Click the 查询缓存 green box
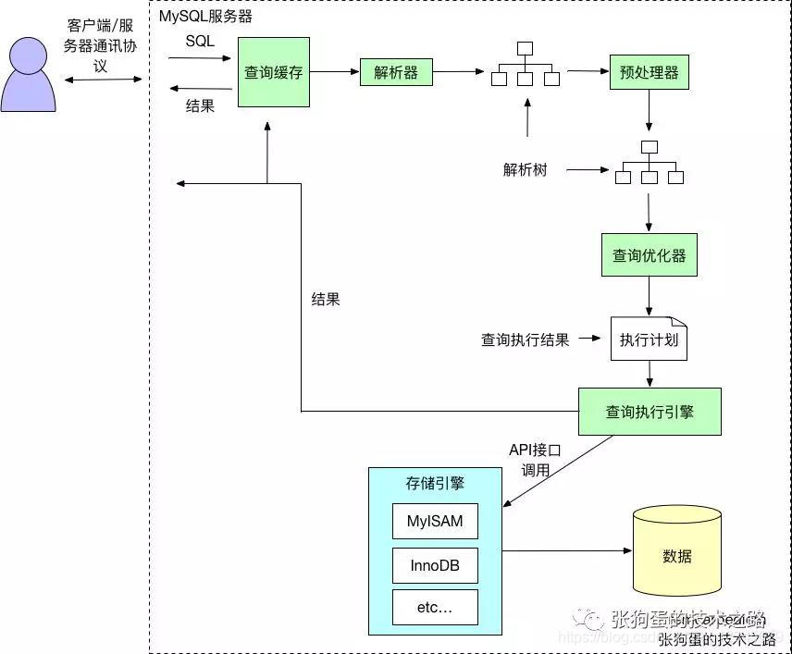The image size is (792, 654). pyautogui.click(x=273, y=72)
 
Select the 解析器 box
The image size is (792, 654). pyautogui.click(x=396, y=72)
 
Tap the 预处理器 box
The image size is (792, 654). pyautogui.click(x=649, y=72)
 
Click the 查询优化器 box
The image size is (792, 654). pyautogui.click(x=649, y=255)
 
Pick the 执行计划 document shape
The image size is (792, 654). pyautogui.click(x=649, y=339)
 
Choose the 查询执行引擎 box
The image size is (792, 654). pyautogui.click(x=649, y=412)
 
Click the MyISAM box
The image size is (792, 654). pyautogui.click(x=435, y=521)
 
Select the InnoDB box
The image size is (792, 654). pyautogui.click(x=435, y=564)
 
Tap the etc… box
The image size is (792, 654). pyautogui.click(x=435, y=607)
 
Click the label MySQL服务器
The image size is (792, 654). pyautogui.click(x=205, y=17)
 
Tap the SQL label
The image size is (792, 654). pyautogui.click(x=200, y=41)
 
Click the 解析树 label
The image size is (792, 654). pyautogui.click(x=525, y=170)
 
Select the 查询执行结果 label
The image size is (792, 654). pyautogui.click(x=525, y=339)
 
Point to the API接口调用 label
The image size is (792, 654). pyautogui.click(x=536, y=460)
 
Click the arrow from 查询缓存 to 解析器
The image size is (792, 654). pyautogui.click(x=334, y=71)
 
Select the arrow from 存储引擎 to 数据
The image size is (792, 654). pyautogui.click(x=565, y=552)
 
